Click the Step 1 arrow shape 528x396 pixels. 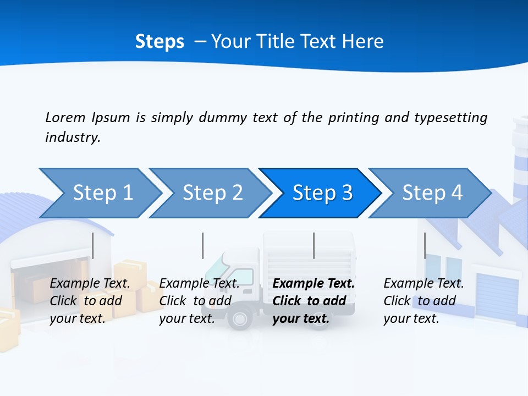point(99,193)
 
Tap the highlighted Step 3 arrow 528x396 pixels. point(320,193)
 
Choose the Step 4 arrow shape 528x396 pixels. point(430,193)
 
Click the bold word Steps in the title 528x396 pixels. point(159,42)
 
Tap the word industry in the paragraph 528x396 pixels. point(72,137)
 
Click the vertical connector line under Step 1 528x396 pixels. point(93,245)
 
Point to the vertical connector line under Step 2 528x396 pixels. point(203,245)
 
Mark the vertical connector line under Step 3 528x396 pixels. point(313,245)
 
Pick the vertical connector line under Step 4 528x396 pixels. point(425,245)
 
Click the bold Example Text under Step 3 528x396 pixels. point(313,284)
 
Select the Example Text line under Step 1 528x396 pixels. point(90,284)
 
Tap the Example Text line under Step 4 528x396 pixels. point(424,284)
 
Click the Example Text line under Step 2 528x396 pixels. point(199,284)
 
